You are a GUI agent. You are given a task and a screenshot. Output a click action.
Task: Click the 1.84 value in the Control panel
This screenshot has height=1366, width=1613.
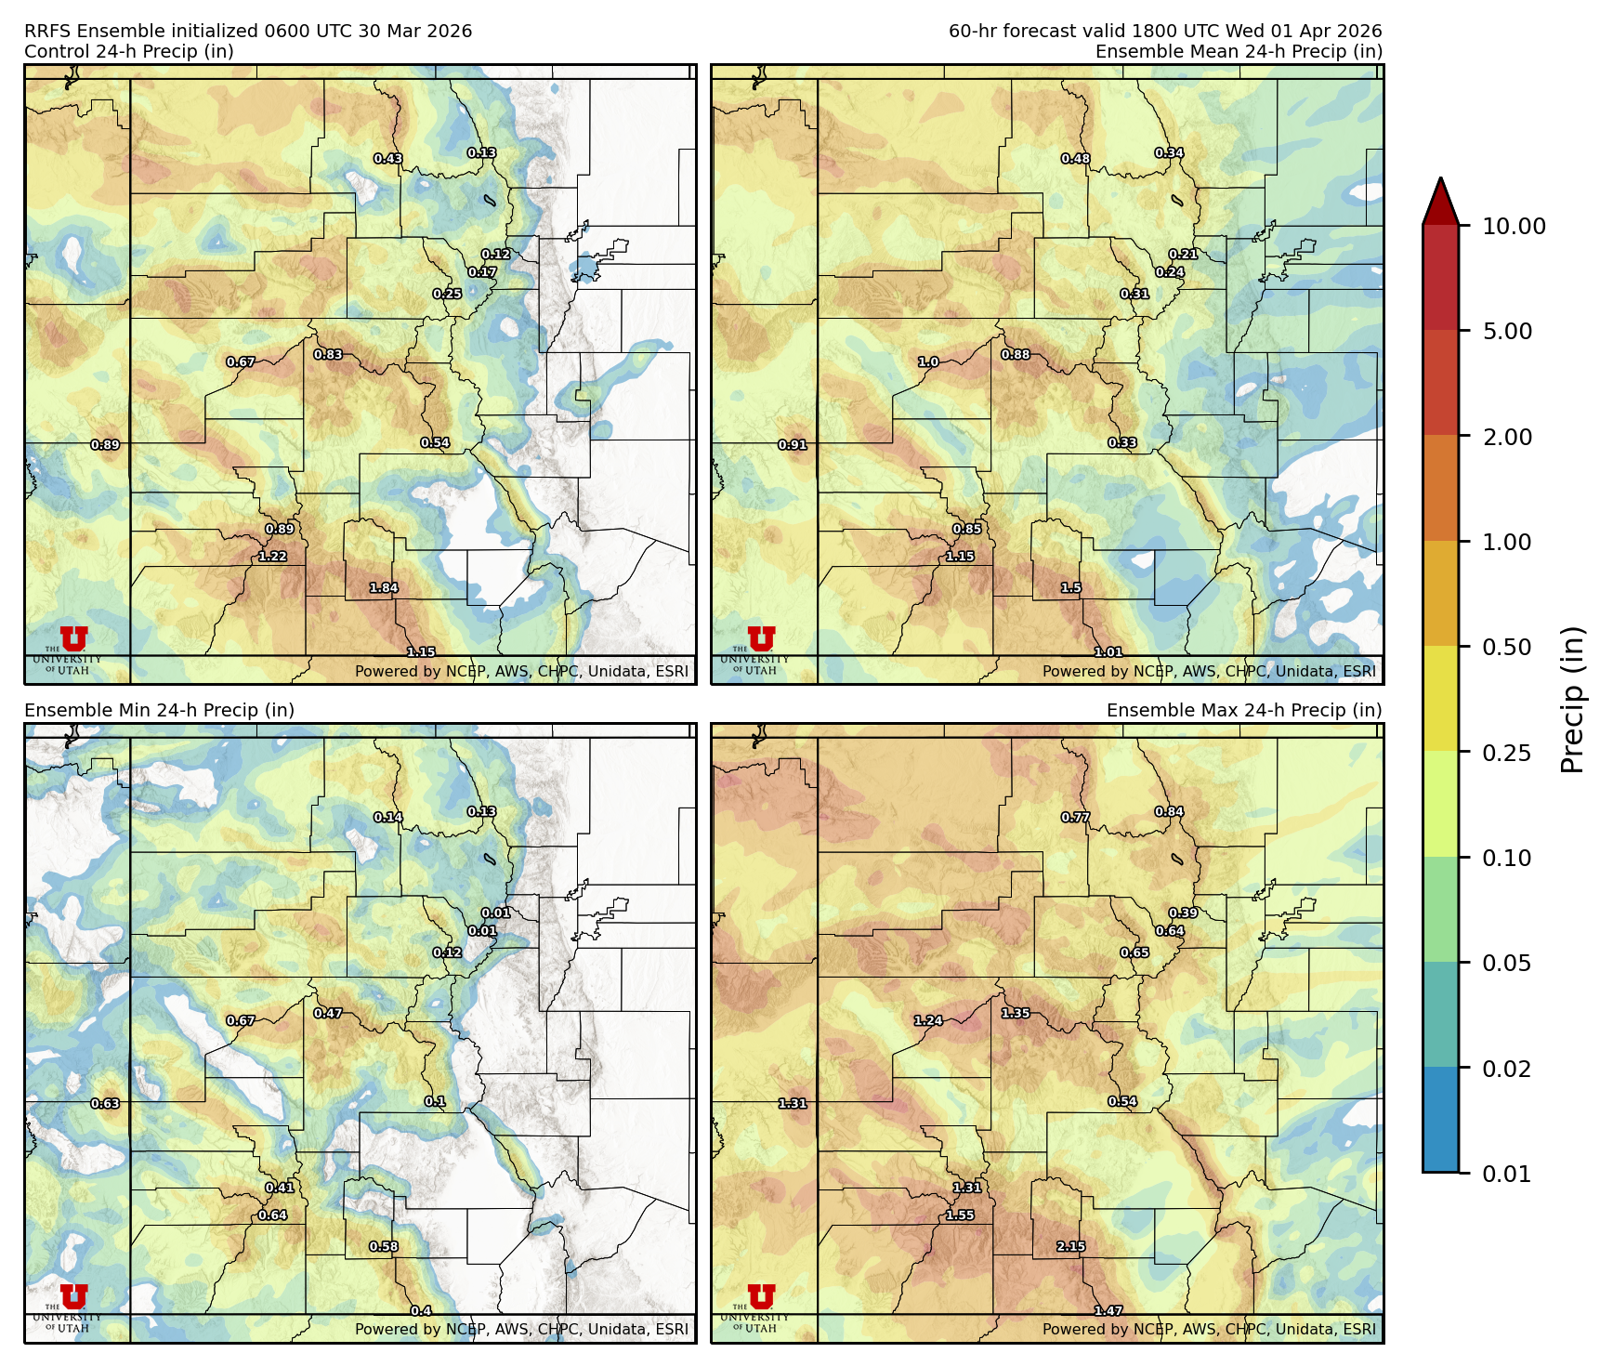tap(384, 588)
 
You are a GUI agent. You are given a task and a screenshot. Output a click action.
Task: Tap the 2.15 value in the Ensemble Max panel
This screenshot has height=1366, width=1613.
tap(1070, 1247)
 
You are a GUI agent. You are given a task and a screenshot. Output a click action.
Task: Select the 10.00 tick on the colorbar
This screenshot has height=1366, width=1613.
tap(1513, 226)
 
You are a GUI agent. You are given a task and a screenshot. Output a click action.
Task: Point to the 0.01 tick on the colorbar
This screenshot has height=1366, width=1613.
tap(1506, 1174)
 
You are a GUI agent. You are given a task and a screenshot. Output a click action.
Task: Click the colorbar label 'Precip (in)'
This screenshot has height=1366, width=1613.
tap(1572, 699)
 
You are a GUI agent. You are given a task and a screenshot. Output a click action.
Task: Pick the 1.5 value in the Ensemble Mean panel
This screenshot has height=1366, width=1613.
tap(1070, 588)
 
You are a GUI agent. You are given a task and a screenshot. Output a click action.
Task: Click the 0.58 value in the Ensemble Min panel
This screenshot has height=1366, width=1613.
tap(384, 1247)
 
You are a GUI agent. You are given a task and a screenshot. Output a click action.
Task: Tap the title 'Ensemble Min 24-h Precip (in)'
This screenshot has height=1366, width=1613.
tap(159, 710)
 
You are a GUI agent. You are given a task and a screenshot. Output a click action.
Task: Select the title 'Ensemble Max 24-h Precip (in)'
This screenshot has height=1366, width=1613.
tap(1243, 710)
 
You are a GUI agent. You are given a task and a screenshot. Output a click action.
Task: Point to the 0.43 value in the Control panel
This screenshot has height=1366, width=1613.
tap(387, 159)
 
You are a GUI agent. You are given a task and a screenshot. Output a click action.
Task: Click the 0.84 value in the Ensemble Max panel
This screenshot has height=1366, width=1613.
tap(1169, 812)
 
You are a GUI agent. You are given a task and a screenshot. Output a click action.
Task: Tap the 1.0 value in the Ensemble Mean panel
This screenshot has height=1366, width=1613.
tap(928, 362)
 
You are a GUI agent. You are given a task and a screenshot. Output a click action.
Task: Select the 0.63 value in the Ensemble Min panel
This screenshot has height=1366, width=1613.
tap(105, 1104)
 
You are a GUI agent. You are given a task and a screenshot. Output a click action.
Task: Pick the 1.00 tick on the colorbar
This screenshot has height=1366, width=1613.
tap(1506, 542)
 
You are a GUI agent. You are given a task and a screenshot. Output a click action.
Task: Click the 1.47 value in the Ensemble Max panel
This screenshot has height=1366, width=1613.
tap(1108, 1311)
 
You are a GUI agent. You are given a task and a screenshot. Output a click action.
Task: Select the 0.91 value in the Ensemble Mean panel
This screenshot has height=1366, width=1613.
tap(792, 445)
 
